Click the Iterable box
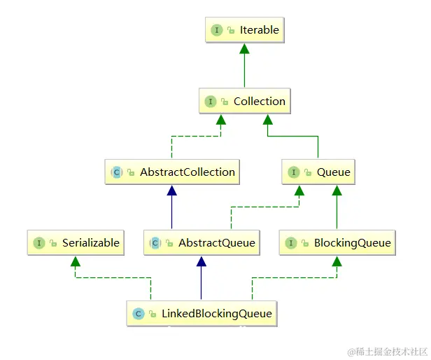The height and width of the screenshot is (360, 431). coord(245,29)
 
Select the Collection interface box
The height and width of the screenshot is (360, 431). coord(245,101)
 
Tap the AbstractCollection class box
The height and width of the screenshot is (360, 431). coord(172,172)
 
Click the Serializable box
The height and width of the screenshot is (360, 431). coord(76,243)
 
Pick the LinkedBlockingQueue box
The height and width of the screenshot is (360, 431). coord(202,314)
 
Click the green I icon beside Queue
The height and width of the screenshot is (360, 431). coord(294,172)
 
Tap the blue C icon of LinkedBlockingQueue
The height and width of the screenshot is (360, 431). coord(139,314)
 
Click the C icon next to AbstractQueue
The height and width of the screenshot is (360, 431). coord(155,243)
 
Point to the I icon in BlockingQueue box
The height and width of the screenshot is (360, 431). coord(291,243)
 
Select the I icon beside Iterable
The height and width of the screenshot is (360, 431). coord(217,30)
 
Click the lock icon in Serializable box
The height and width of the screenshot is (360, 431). coord(53,243)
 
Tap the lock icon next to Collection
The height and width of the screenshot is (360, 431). coord(225,102)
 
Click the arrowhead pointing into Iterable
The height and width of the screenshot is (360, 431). coord(244,49)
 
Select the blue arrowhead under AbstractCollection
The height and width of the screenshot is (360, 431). coord(172,191)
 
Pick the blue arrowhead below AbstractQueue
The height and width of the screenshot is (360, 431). coord(202,261)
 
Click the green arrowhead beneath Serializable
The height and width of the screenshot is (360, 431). coord(76,261)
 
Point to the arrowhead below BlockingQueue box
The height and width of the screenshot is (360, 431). coord(337,261)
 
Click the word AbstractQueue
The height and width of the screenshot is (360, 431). coord(217,243)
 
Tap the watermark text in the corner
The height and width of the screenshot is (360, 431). coord(388,352)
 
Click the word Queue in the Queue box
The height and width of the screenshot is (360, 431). coord(334,172)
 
